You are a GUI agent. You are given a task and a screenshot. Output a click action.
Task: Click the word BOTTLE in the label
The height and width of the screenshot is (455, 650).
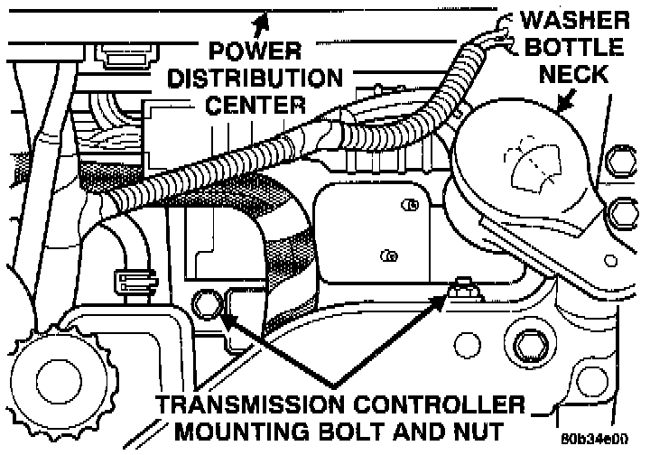click(586, 47)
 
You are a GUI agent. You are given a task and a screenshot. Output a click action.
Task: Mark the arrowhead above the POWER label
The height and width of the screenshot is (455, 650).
click(263, 16)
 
